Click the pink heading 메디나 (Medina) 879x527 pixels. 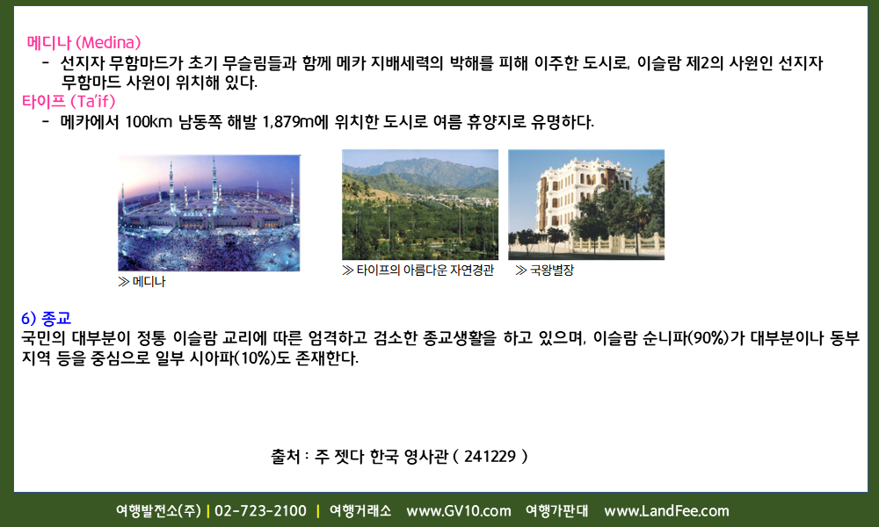coord(84,42)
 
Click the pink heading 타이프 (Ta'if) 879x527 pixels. coord(69,101)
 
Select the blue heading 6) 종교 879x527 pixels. coord(46,319)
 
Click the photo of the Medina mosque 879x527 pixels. coord(209,213)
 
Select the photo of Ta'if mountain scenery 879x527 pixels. coord(420,205)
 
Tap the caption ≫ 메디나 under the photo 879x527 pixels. coord(142,282)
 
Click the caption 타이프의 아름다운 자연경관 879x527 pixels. coord(425,271)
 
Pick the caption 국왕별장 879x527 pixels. coord(552,271)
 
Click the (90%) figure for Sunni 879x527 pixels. coord(708,338)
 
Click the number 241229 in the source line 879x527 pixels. coord(490,457)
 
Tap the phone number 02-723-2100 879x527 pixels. coord(261,511)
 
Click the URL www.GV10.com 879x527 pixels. coord(459,511)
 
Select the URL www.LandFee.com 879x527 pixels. coord(666,511)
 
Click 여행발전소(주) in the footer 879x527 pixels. coord(158,511)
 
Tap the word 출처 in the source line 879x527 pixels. coord(286,457)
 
